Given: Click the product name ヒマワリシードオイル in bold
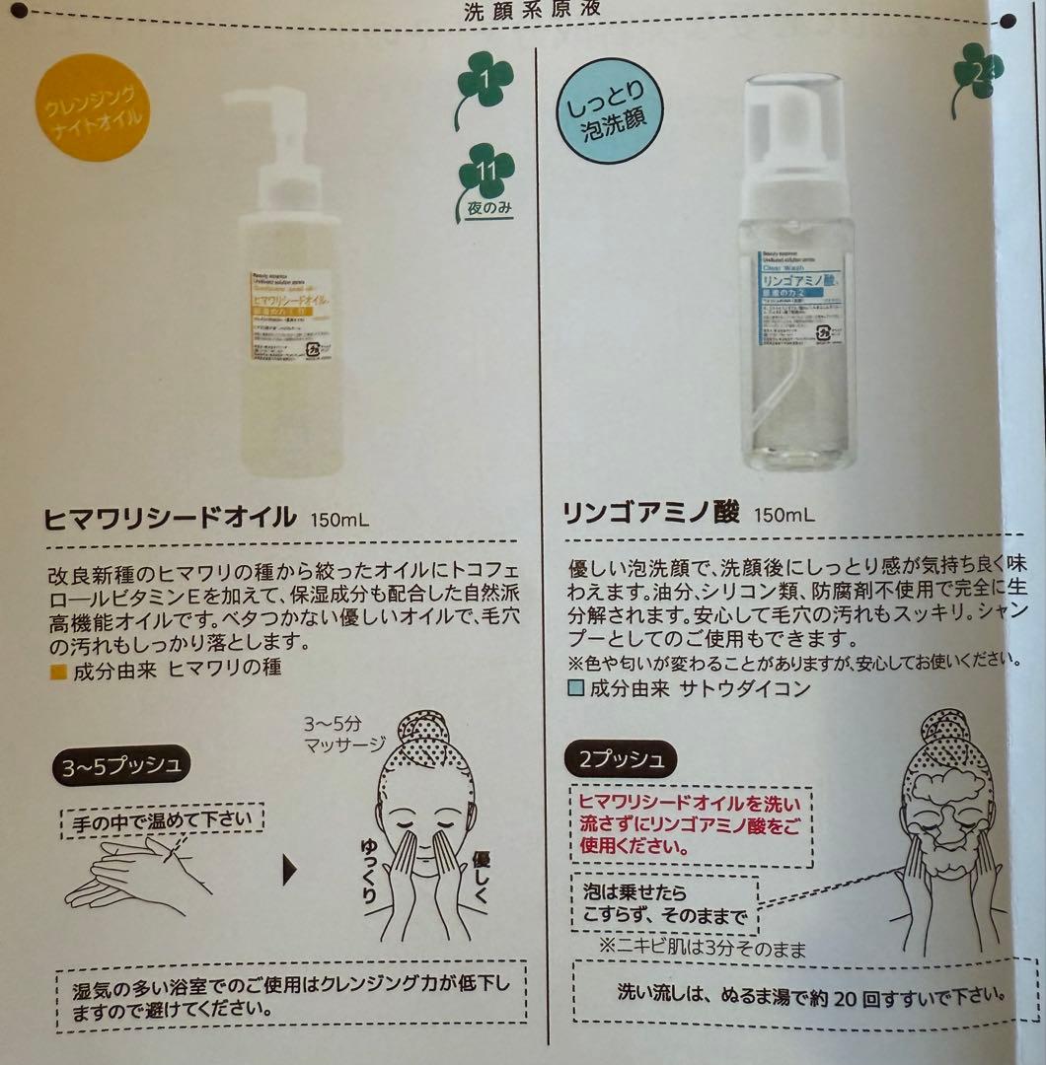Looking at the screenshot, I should click(x=171, y=515).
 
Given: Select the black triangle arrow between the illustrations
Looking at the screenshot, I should click(x=290, y=869).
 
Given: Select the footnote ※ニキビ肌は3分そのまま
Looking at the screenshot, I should click(x=702, y=950).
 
